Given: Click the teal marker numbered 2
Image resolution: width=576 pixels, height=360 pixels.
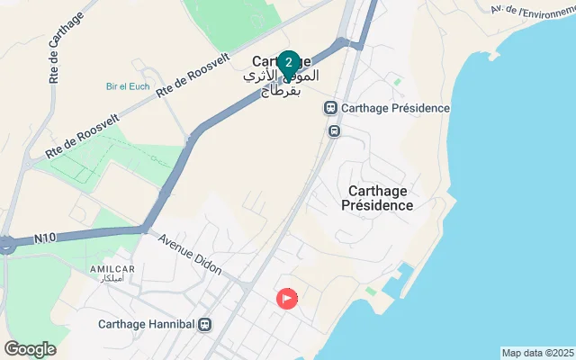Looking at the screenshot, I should click(x=287, y=63).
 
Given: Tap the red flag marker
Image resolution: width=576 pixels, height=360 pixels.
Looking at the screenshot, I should click(x=287, y=298).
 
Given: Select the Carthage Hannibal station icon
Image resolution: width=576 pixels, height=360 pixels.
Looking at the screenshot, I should click(x=206, y=324).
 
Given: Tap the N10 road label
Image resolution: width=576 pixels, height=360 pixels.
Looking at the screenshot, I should click(x=45, y=238).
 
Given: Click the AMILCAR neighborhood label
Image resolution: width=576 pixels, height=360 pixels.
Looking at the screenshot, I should click(x=112, y=269).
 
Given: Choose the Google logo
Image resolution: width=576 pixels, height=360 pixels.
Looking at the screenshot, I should click(x=31, y=348).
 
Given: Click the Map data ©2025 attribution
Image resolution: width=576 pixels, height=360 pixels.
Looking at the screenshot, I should click(x=537, y=353).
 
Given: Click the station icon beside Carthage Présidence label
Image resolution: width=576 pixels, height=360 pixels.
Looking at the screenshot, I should click(x=330, y=109).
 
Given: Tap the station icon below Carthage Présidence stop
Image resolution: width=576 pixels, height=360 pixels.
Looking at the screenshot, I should click(x=334, y=130).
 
